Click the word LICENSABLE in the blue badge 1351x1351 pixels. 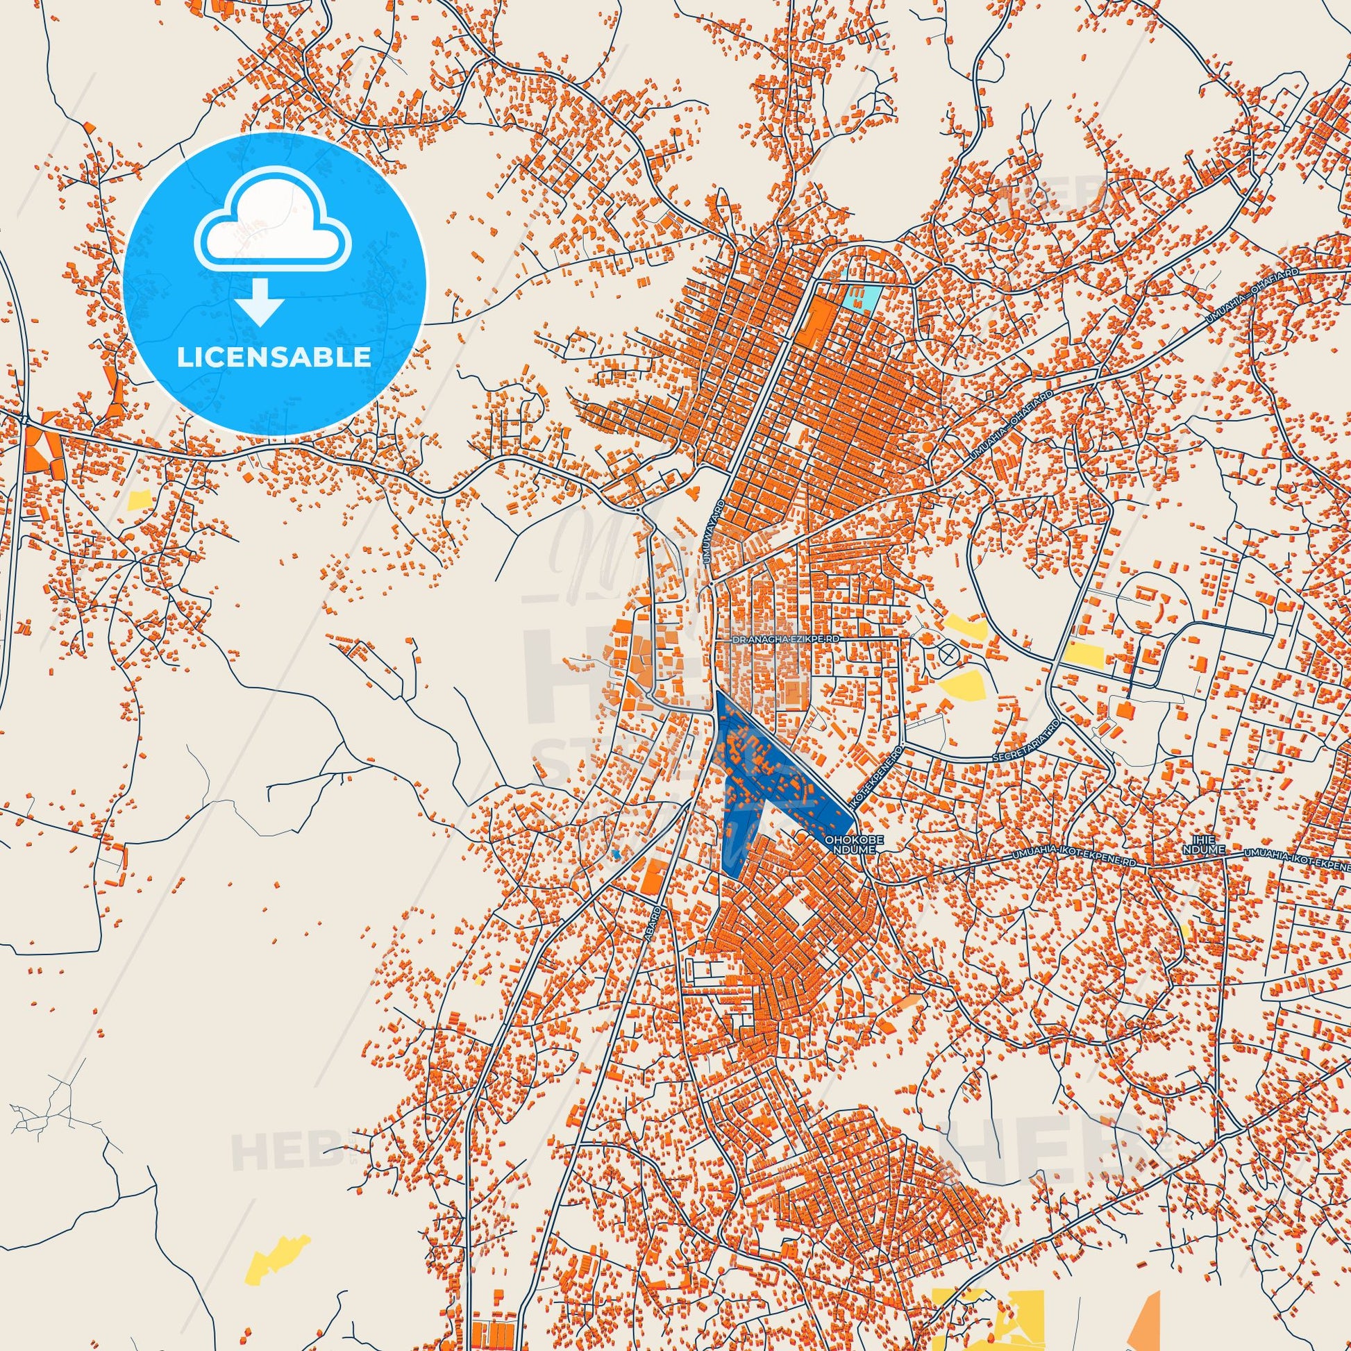(274, 358)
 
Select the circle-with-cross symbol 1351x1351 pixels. (948, 654)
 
